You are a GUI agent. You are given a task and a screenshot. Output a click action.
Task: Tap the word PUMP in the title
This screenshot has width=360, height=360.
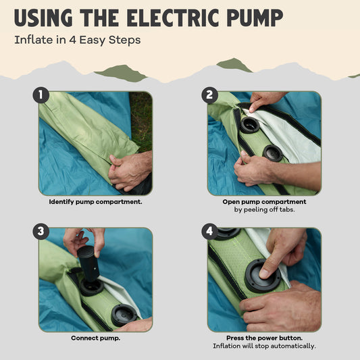tap(255, 18)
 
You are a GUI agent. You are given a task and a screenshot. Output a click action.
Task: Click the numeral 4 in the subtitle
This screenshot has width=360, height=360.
tap(72, 40)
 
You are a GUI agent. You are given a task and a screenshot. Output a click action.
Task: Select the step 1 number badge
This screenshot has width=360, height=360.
tap(41, 95)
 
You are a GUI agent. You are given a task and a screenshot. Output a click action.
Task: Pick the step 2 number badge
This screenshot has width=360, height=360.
tap(209, 95)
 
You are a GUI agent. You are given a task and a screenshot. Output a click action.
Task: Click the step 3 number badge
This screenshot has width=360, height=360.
tap(41, 232)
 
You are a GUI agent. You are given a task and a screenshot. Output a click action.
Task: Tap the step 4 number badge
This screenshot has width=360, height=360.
tap(209, 232)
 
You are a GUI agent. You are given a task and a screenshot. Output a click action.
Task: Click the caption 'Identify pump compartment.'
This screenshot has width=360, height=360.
tap(95, 202)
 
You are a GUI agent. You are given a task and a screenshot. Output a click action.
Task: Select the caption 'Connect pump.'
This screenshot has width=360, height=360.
tap(95, 338)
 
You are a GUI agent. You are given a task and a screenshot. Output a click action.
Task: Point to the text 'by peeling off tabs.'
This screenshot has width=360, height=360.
tap(264, 209)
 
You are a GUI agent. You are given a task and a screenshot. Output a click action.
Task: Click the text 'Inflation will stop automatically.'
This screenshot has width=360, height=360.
tap(264, 346)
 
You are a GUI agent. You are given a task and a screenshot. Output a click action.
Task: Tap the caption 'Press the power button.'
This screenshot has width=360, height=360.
tap(264, 338)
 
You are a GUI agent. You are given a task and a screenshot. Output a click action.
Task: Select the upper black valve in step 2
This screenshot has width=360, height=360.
tap(250, 125)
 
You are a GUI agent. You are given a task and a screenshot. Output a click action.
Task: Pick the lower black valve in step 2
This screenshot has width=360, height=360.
tap(273, 153)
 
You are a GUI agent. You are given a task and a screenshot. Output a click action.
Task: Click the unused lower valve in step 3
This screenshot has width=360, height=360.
tap(124, 315)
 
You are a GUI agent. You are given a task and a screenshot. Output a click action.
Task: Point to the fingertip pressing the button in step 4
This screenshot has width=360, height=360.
tap(264, 274)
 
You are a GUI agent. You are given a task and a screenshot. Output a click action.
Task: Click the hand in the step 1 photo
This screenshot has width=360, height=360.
tap(130, 171)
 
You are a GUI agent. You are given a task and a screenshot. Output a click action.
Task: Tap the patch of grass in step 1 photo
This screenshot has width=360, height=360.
tap(141, 120)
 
